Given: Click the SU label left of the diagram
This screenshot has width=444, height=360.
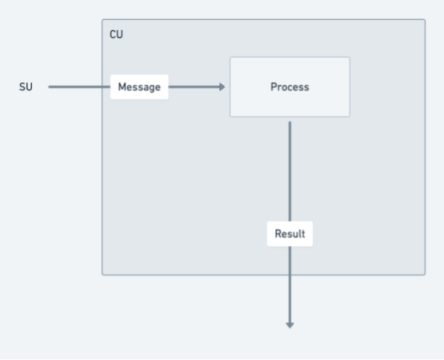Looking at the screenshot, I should point(26,87).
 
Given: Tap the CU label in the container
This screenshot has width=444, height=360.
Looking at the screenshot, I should point(116,35).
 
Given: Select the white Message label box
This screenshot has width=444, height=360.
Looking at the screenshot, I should point(139,87).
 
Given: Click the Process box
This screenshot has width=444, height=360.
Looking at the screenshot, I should point(290,87).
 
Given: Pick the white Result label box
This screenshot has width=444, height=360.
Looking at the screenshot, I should point(290,234).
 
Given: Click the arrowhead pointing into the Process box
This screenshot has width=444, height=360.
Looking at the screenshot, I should point(222,87).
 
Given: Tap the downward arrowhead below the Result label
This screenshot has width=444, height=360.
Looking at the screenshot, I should point(290,324).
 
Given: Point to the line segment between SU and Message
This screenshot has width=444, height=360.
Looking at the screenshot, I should point(79,87).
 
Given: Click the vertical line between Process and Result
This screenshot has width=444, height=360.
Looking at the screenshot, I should point(290,170).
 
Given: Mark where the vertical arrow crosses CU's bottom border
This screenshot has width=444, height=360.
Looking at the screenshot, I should point(290,275).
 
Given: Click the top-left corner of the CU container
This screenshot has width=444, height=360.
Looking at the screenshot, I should point(103,20).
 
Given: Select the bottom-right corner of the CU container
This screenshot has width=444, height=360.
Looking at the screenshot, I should point(425,274).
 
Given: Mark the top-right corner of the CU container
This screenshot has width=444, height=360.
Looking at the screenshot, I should point(425,20).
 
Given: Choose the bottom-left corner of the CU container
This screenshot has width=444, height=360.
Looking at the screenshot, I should point(103,274).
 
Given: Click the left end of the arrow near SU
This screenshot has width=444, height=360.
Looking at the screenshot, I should point(50,87).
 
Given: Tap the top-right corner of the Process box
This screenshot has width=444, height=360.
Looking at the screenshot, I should point(349,58).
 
